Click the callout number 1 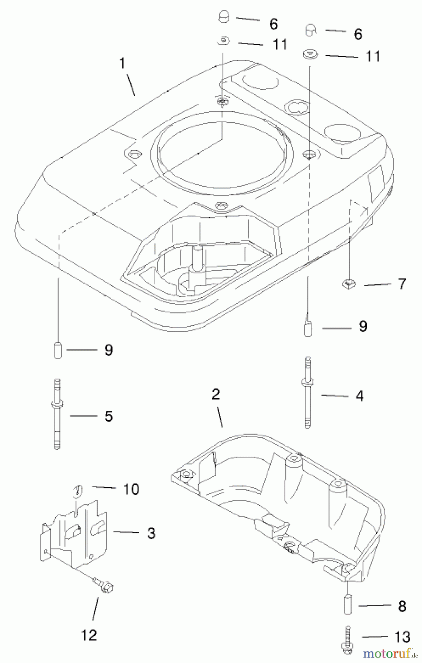pos(122,63)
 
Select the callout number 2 pos(216,394)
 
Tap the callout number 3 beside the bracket pos(151,533)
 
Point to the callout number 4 pos(359,396)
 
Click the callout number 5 pos(108,416)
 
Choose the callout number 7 pos(402,284)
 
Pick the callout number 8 pos(402,606)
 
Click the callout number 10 pos(131,489)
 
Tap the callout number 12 pos(89,635)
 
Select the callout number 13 pos(401,637)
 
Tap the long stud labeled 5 pos(57,414)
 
